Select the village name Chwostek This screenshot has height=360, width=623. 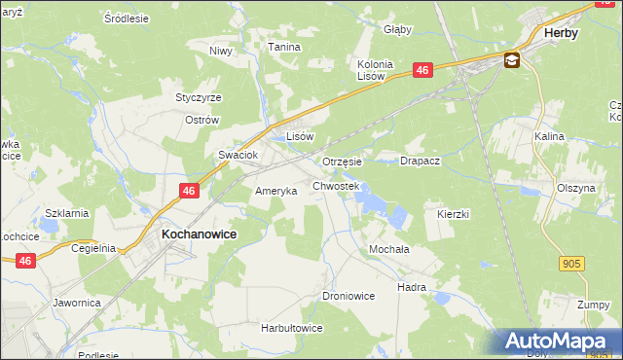336,185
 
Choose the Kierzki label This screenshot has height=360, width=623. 454,212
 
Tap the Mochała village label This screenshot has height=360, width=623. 387,249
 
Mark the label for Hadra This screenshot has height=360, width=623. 412,288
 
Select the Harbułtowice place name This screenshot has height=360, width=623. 291,329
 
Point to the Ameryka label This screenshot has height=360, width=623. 275,192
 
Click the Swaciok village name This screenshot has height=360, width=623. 237,155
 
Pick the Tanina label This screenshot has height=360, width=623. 284,46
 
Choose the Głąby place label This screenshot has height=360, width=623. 398,29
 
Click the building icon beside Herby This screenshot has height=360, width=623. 512,60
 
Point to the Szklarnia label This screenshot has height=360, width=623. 67,213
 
